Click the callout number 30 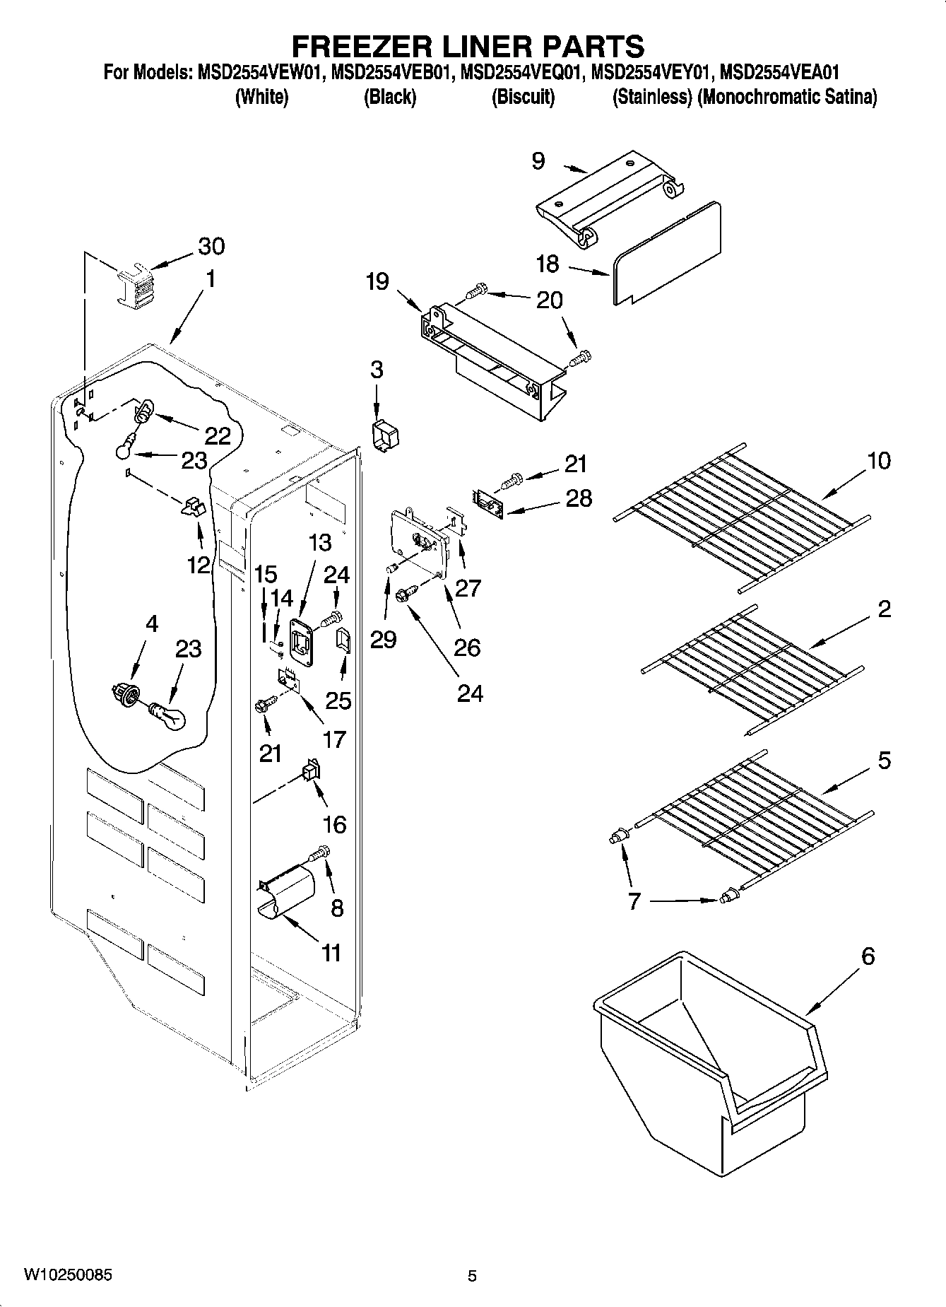pos(211,246)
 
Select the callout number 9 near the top pos(538,161)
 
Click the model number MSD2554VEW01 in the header pos(256,72)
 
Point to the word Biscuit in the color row pos(523,97)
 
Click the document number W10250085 pos(67,1275)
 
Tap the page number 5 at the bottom pos(472,1276)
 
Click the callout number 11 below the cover pos(331,953)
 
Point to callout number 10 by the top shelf pos(879,461)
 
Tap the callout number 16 pos(334,824)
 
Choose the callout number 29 pos(383,639)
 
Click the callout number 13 pos(319,543)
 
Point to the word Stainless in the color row pos(651,97)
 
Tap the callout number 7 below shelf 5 pos(634,901)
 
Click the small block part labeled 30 pos(134,286)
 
